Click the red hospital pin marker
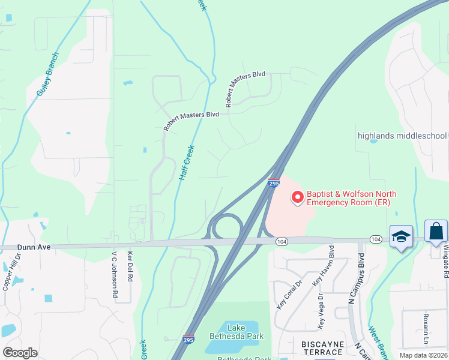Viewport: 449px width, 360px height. pyautogui.click(x=297, y=197)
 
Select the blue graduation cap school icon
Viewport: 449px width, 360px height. pyautogui.click(x=400, y=236)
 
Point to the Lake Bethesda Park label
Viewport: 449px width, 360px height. pyautogui.click(x=237, y=331)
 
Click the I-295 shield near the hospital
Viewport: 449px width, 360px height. pyautogui.click(x=273, y=183)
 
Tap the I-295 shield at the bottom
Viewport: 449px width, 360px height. pyautogui.click(x=188, y=340)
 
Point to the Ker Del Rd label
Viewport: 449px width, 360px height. pyautogui.click(x=130, y=265)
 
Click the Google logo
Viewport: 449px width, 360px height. pyautogui.click(x=20, y=352)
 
